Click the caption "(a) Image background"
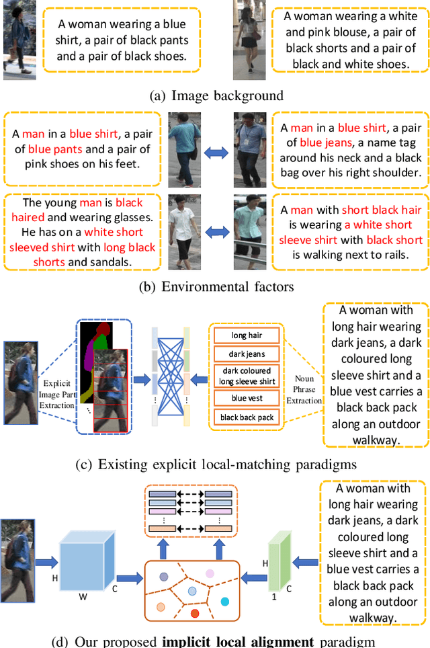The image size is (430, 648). tap(216, 95)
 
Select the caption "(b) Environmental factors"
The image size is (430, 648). tap(216, 287)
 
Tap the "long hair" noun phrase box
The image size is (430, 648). tap(247, 335)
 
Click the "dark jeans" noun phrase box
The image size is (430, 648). tap(247, 354)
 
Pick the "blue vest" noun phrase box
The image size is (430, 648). tap(247, 399)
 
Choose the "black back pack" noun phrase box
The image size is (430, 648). tap(247, 417)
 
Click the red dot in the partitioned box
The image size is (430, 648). tap(195, 613)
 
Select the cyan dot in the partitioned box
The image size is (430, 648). tap(224, 601)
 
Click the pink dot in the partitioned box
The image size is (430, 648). tap(210, 573)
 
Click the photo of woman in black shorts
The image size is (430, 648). tap(246, 40)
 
